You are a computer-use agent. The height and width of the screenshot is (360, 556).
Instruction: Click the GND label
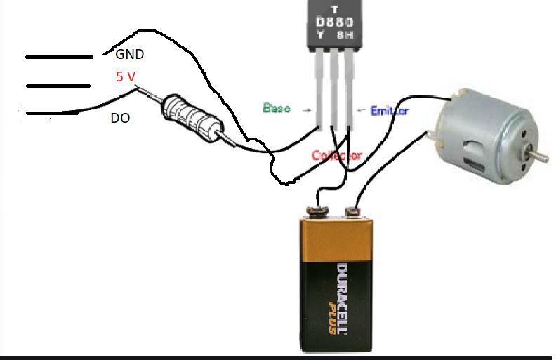tap(129, 53)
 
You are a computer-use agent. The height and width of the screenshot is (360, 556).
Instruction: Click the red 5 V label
tap(126, 76)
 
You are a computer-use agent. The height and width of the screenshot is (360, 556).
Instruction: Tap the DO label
tap(120, 119)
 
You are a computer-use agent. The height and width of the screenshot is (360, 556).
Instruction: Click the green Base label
tap(277, 108)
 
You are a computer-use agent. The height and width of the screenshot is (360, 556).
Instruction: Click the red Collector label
tap(336, 156)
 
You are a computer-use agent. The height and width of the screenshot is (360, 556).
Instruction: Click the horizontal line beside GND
tap(59, 57)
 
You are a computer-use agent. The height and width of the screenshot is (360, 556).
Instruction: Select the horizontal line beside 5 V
tap(58, 86)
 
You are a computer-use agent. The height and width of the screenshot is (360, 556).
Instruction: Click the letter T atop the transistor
tap(334, 9)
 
